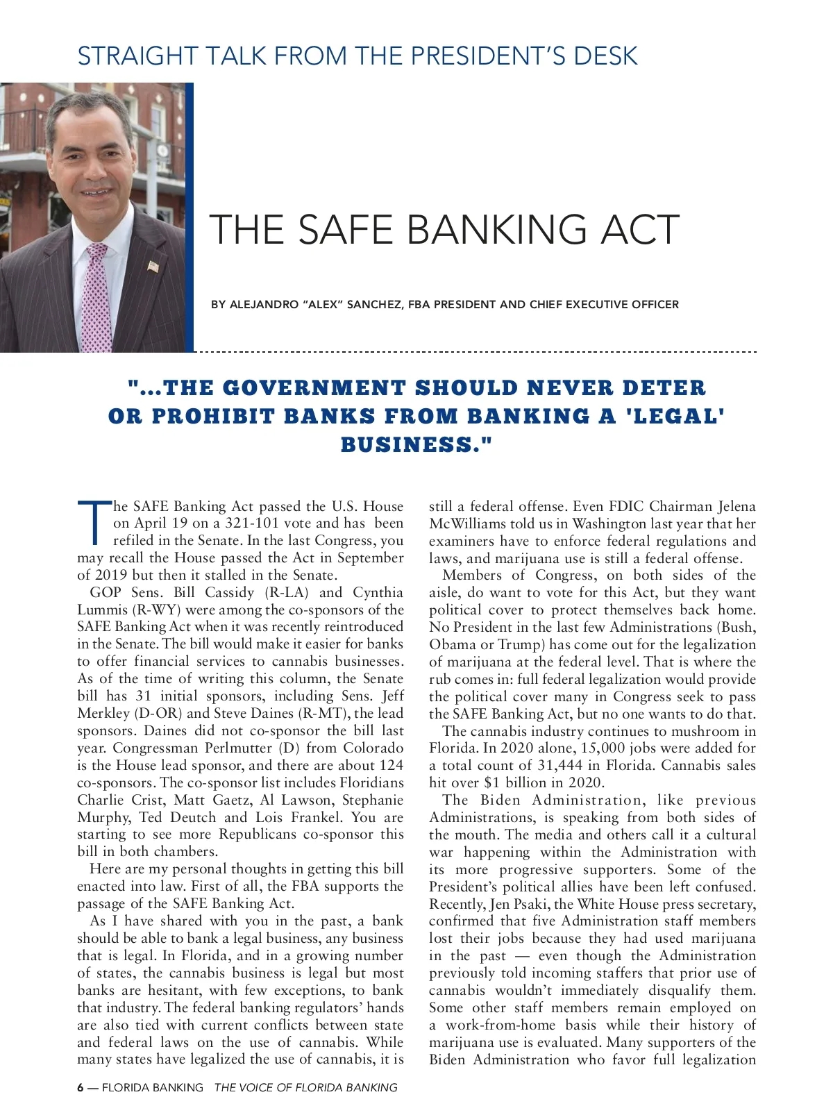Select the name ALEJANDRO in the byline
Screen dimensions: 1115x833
(264, 304)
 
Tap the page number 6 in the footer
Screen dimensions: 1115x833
(81, 1087)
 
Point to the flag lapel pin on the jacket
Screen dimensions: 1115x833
(153, 266)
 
